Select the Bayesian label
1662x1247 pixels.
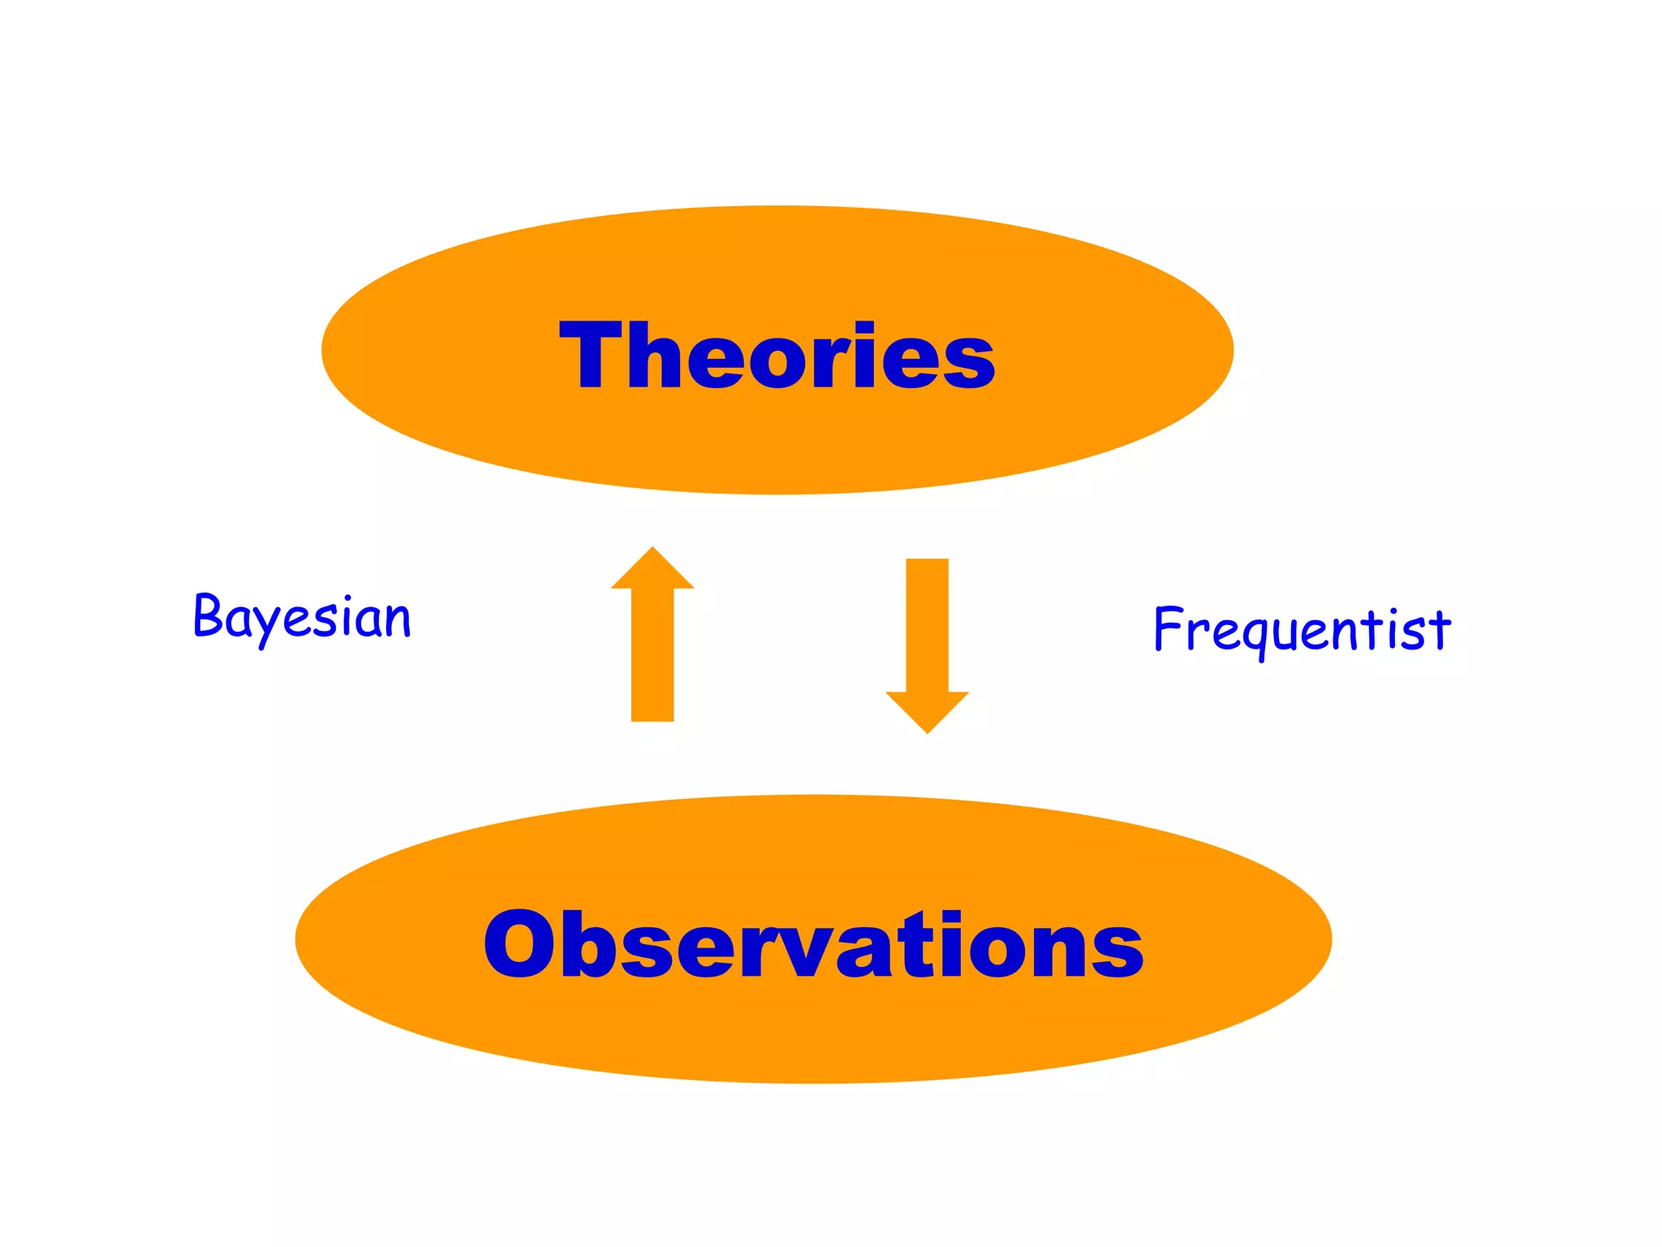tap(302, 618)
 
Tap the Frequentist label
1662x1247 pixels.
tap(1302, 631)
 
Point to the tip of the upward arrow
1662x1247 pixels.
tap(652, 550)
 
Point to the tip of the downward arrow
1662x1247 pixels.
tap(927, 731)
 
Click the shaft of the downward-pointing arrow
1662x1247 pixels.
tap(927, 625)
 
